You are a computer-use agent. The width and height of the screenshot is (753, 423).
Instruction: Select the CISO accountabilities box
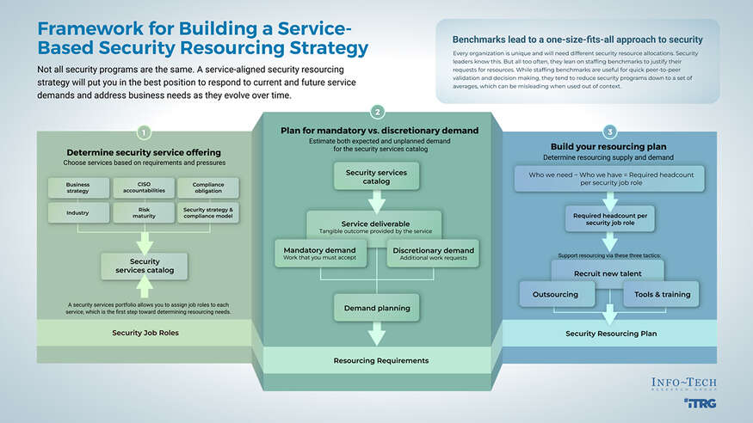pyautogui.click(x=144, y=187)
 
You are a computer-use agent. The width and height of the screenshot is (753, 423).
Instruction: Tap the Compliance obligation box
pyautogui.click(x=208, y=187)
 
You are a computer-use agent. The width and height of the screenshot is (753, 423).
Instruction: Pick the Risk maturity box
pyautogui.click(x=144, y=212)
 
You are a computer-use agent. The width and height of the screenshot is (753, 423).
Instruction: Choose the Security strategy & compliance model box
pyautogui.click(x=208, y=212)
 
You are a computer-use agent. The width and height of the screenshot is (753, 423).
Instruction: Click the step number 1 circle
pyautogui.click(x=144, y=132)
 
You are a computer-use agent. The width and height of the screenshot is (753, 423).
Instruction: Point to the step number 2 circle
pyautogui.click(x=377, y=112)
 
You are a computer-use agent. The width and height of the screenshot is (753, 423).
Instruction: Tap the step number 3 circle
pyautogui.click(x=609, y=132)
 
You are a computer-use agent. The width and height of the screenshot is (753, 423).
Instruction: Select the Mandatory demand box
pyautogui.click(x=319, y=254)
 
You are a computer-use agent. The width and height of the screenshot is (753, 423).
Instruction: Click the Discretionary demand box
pyautogui.click(x=433, y=254)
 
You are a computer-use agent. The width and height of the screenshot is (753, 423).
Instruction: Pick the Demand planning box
pyautogui.click(x=377, y=307)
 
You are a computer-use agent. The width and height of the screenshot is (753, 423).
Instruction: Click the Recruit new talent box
pyautogui.click(x=608, y=273)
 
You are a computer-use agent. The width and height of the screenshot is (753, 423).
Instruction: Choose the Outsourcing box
pyautogui.click(x=555, y=294)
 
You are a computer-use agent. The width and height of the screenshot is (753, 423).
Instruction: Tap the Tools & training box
pyautogui.click(x=664, y=294)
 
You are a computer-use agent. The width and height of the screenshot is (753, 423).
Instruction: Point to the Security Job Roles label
pyautogui.click(x=145, y=332)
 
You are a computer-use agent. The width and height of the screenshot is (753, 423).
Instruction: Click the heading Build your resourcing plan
pyautogui.click(x=608, y=147)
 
